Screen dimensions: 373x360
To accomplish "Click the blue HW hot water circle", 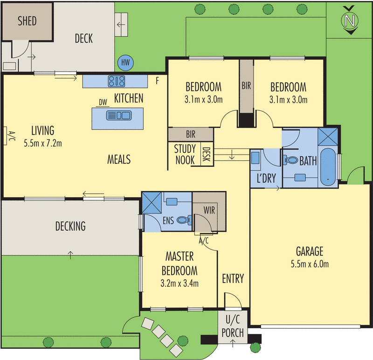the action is (125, 63).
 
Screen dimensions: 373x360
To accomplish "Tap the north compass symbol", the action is (350, 20).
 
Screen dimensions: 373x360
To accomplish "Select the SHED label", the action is (27, 21).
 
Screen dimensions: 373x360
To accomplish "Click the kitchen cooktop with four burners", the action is (116, 81).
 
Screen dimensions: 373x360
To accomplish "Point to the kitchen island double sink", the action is (119, 115).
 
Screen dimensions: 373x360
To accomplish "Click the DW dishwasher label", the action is (103, 102).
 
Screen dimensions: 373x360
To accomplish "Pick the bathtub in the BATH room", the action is (328, 168).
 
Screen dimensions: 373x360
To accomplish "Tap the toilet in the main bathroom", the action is (290, 160).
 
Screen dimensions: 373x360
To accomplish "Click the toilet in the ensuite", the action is (184, 220).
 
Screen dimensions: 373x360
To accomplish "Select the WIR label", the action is (209, 211).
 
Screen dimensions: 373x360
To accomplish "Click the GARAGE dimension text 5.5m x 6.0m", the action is (310, 264).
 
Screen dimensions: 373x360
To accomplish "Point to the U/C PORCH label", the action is (233, 327).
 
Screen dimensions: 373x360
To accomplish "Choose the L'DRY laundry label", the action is (266, 178).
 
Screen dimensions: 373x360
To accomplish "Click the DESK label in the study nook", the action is (206, 154).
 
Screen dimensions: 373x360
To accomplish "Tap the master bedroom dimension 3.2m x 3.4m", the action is (180, 283).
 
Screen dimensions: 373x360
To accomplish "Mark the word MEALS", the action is (119, 159).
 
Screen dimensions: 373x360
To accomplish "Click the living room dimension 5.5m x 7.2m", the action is (43, 143).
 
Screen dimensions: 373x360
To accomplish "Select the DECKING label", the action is (70, 226).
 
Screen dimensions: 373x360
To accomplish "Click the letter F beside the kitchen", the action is (157, 81).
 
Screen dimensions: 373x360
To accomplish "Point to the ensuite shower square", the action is (152, 203).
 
